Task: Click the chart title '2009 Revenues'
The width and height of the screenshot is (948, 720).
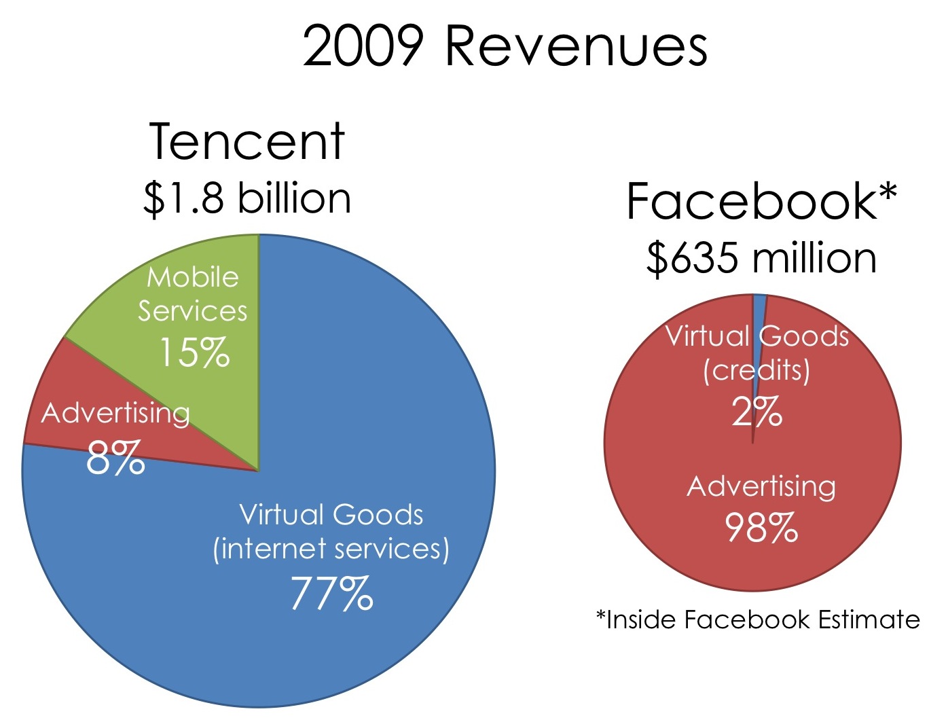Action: [x=505, y=46]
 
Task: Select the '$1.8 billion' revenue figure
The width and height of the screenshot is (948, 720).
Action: [x=247, y=198]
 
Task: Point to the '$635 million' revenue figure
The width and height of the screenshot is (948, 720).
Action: [x=761, y=259]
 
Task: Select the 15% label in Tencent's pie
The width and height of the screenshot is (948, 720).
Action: [x=194, y=353]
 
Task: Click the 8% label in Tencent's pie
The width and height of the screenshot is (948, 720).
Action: [x=115, y=458]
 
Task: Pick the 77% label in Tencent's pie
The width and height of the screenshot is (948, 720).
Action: [x=331, y=593]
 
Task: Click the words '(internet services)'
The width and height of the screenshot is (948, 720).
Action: [x=331, y=549]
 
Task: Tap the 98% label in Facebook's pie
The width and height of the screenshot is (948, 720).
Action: [x=761, y=528]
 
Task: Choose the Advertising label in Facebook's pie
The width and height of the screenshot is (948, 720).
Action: [x=761, y=487]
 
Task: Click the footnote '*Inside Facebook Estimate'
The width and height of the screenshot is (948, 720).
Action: [x=758, y=619]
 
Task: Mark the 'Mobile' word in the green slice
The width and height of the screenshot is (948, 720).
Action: [x=194, y=277]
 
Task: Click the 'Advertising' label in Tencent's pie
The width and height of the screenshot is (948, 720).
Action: [x=115, y=413]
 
